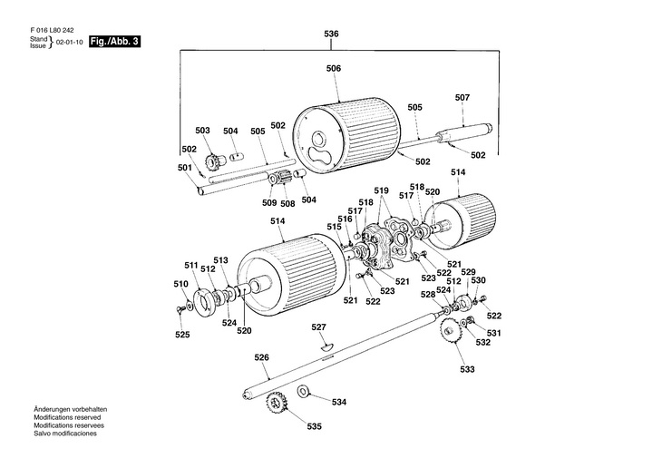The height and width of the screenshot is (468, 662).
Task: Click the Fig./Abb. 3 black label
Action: [x=114, y=42]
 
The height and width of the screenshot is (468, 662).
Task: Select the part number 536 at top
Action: [x=331, y=34]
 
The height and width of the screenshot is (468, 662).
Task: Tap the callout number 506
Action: [x=334, y=68]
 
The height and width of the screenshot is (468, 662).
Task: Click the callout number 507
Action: [x=462, y=98]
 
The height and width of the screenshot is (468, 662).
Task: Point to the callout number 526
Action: [x=261, y=357]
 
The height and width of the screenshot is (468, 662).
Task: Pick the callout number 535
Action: [x=314, y=426]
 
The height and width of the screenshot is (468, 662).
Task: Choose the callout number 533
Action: [x=467, y=369]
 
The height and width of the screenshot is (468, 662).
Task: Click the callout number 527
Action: [x=318, y=327]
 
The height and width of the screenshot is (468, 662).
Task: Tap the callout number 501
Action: [x=184, y=168]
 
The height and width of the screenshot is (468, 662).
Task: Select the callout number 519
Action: [x=381, y=190]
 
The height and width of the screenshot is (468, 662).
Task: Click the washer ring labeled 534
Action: [x=302, y=392]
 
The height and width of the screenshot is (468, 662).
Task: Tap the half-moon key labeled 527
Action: [x=326, y=347]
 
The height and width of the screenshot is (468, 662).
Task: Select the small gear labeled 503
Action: [x=211, y=161]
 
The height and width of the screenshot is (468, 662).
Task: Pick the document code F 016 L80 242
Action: [x=52, y=31]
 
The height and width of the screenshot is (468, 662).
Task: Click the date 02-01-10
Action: [x=70, y=43]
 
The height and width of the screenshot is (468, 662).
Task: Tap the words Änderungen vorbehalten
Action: [x=71, y=409]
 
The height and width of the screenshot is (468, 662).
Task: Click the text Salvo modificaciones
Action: [x=65, y=434]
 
